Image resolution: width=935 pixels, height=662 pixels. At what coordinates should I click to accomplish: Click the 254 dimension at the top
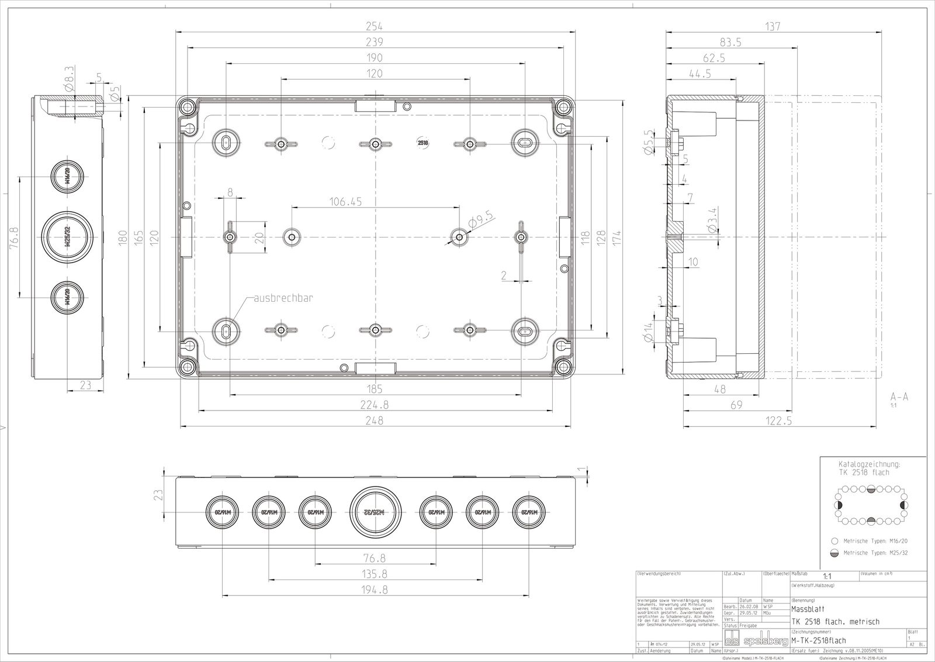pyautogui.click(x=375, y=26)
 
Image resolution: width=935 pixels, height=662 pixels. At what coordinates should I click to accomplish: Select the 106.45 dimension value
pyautogui.click(x=345, y=201)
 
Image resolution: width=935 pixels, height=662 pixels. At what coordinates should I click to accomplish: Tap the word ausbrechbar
pyautogui.click(x=283, y=298)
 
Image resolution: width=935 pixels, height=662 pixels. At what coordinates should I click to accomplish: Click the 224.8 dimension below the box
pyautogui.click(x=375, y=404)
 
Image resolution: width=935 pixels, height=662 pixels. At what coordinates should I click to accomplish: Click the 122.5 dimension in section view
pyautogui.click(x=778, y=420)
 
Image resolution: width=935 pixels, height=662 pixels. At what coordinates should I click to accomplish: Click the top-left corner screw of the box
pyautogui.click(x=188, y=107)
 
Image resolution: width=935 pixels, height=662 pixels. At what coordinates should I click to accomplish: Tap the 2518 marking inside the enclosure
pyautogui.click(x=422, y=142)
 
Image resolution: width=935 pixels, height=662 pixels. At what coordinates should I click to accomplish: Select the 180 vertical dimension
pyautogui.click(x=123, y=237)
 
